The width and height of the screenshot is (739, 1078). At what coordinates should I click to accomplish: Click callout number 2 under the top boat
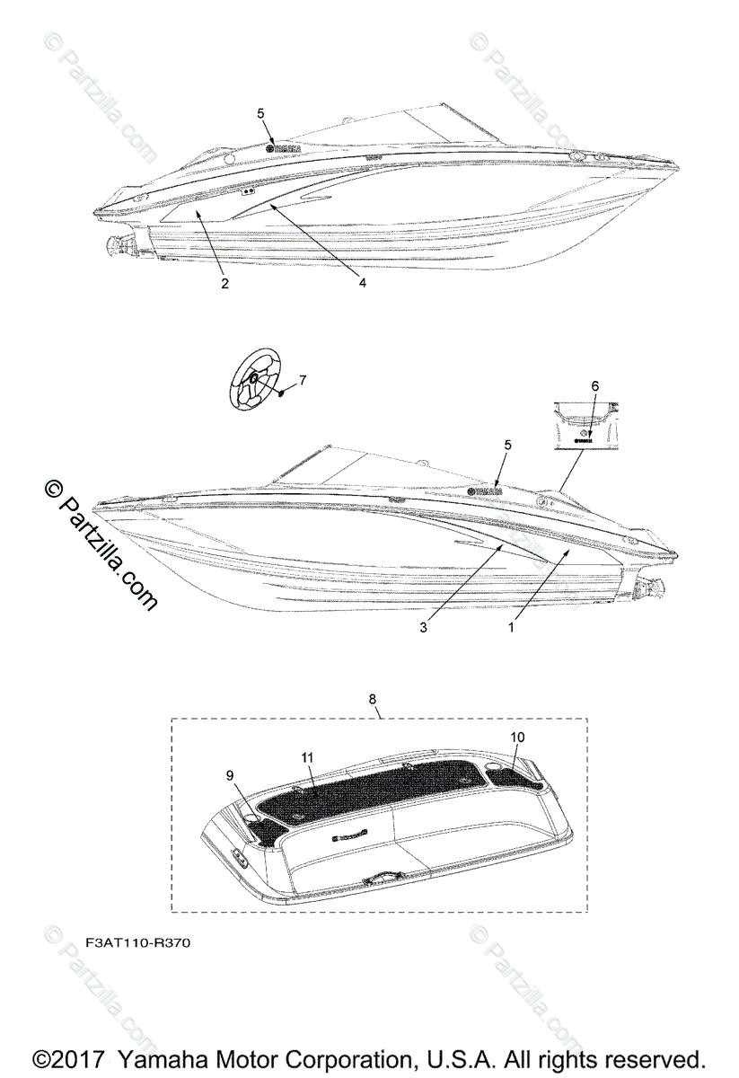pos(224,284)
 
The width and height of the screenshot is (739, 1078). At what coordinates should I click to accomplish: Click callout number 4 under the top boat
pos(362,283)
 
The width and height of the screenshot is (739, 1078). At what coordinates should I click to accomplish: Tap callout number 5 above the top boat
pos(261,114)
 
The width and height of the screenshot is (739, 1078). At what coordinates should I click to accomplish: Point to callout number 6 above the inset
pos(594,385)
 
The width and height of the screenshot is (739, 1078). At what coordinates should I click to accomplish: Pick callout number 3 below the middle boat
pos(423,628)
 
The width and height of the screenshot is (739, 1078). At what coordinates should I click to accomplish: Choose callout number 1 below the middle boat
pos(511,628)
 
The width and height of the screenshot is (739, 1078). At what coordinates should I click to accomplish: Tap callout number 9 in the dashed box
pos(229,773)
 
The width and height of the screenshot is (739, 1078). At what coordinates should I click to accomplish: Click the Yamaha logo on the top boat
pos(284,149)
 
